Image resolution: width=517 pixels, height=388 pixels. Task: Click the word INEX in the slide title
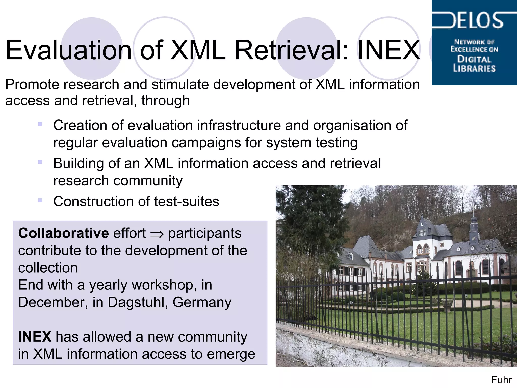389,50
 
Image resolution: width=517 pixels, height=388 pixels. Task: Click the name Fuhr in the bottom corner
501,380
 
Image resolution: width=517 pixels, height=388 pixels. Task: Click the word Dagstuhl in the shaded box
136,302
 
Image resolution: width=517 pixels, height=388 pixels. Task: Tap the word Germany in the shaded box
202,302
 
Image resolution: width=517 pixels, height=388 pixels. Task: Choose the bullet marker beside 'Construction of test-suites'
40,200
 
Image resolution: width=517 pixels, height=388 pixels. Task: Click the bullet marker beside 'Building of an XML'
40,162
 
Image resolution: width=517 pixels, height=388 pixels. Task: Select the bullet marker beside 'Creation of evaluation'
40,124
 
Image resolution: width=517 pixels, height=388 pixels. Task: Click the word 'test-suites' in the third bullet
187,202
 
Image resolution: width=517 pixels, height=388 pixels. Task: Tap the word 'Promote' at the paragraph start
32,84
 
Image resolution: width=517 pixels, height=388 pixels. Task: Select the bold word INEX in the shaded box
35,337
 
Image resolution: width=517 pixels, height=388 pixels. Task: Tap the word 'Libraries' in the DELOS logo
474,68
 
